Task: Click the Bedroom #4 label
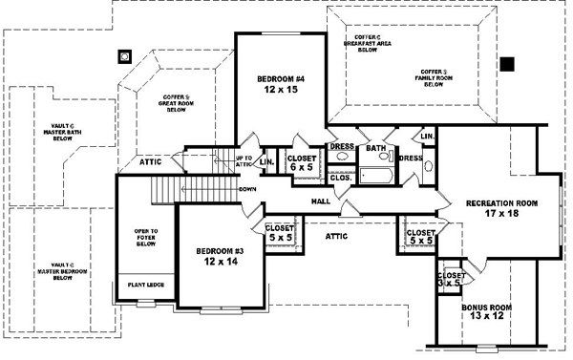click(280, 84)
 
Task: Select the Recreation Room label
click(501, 209)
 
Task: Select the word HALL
click(321, 201)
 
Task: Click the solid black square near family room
click(507, 64)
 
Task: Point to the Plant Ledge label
click(138, 283)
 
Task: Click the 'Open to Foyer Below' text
click(145, 238)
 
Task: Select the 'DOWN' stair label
click(247, 189)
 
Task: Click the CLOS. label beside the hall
click(341, 177)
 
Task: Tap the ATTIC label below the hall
click(335, 234)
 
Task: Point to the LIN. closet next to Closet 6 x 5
click(266, 161)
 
